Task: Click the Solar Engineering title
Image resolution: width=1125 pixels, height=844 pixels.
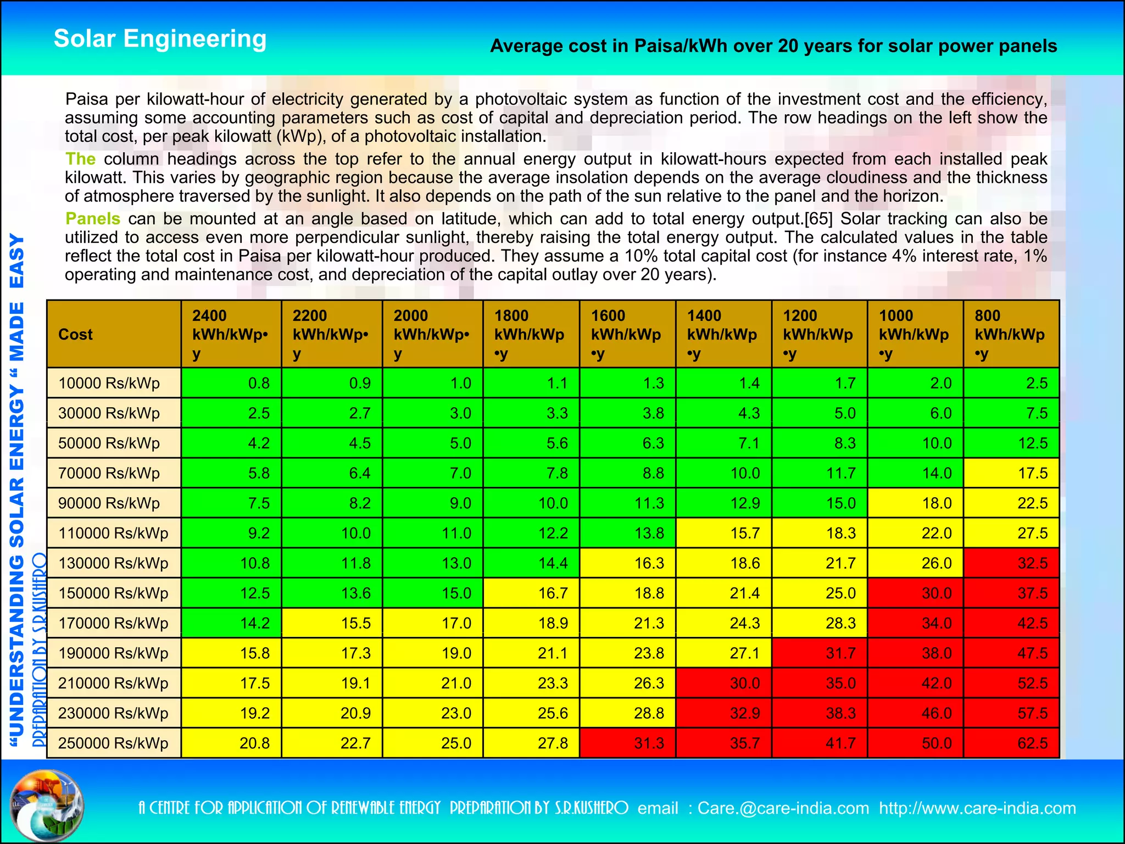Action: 160,39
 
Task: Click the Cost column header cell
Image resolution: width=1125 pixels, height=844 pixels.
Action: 114,334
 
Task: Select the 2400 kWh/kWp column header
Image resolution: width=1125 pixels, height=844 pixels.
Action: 231,334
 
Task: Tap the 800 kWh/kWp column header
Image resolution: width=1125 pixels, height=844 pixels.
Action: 1011,334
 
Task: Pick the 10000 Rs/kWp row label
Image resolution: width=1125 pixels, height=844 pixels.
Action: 114,383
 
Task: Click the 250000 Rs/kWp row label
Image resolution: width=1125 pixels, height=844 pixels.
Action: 114,743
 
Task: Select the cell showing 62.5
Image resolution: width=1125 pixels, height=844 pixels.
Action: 1011,743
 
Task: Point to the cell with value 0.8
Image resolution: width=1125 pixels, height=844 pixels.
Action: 231,383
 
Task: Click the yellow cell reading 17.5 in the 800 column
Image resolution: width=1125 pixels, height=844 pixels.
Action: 1011,473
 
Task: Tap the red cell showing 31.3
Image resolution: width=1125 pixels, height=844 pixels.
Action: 627,743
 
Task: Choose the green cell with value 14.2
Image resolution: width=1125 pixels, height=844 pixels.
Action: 231,623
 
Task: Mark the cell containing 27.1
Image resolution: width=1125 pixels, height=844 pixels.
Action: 723,653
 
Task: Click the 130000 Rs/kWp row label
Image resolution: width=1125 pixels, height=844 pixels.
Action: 114,563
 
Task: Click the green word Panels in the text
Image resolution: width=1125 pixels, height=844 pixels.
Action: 93,219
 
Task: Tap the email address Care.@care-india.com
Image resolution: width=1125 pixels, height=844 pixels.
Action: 783,808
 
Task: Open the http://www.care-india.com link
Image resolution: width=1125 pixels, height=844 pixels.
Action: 977,808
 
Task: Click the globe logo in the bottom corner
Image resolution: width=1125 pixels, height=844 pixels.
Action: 48,806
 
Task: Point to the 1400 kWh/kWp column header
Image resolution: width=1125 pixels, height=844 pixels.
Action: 723,334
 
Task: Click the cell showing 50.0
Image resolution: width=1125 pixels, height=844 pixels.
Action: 915,743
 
